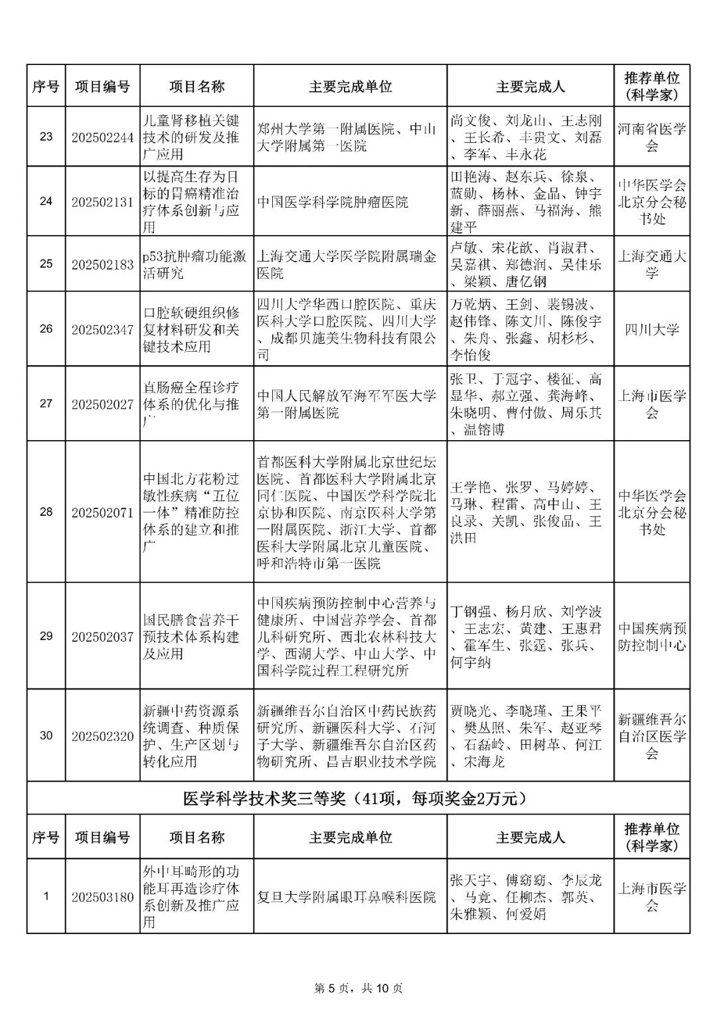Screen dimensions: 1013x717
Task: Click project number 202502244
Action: click(x=102, y=137)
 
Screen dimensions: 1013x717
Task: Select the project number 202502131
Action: click(x=102, y=202)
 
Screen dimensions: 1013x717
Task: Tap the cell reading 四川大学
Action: click(x=652, y=329)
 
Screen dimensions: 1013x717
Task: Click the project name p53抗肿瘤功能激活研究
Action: click(x=195, y=264)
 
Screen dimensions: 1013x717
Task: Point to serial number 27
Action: click(x=46, y=404)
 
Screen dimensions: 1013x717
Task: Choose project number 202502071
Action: click(x=102, y=512)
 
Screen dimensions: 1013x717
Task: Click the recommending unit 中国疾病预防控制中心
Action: click(x=652, y=637)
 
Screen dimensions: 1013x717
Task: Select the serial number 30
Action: click(x=46, y=736)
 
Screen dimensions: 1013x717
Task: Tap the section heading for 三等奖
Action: click(x=358, y=799)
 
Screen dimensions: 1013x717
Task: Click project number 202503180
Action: click(x=102, y=897)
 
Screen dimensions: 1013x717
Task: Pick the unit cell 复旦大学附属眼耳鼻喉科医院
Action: click(x=347, y=897)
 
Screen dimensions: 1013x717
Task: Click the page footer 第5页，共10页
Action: click(x=358, y=988)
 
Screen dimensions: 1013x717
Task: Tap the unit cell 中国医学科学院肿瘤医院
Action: click(x=333, y=202)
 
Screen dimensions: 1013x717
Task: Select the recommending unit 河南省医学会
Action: click(x=652, y=137)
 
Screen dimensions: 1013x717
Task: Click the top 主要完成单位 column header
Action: click(x=350, y=86)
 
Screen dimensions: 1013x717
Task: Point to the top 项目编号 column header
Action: click(x=102, y=86)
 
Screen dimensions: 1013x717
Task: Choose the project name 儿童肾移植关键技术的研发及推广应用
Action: click(x=191, y=137)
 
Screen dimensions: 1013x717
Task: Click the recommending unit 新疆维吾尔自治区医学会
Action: click(x=652, y=736)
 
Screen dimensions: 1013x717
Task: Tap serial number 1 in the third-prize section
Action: click(x=46, y=897)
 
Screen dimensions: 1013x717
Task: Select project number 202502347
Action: click(x=102, y=329)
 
